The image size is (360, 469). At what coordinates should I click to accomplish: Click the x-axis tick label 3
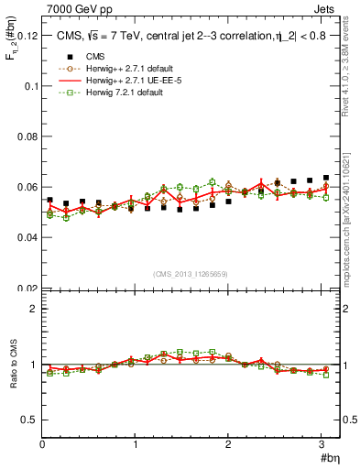(x=322, y=445)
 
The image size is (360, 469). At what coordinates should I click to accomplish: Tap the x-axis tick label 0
(x=42, y=445)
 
